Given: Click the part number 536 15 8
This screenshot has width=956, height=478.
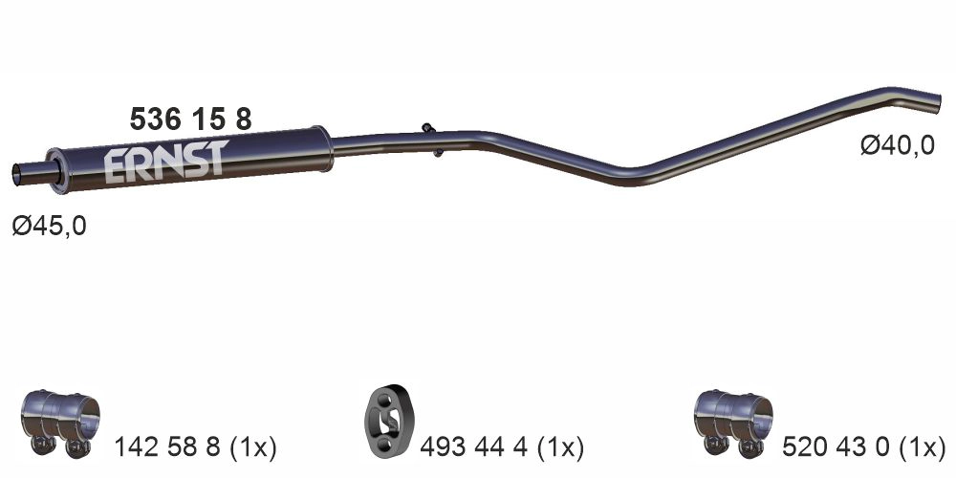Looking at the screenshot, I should (190, 119).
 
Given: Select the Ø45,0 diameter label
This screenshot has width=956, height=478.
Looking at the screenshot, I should (49, 227).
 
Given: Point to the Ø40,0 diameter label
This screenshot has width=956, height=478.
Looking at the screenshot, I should (897, 145).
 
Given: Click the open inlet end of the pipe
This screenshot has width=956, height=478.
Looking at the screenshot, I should (16, 173).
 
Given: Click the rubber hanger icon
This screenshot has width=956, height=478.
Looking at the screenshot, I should (387, 422).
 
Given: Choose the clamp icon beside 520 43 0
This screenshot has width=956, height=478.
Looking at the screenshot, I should (730, 422).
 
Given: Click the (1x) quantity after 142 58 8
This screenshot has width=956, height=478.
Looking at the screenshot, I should (252, 446).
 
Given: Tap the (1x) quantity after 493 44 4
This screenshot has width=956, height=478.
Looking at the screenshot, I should (559, 446).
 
